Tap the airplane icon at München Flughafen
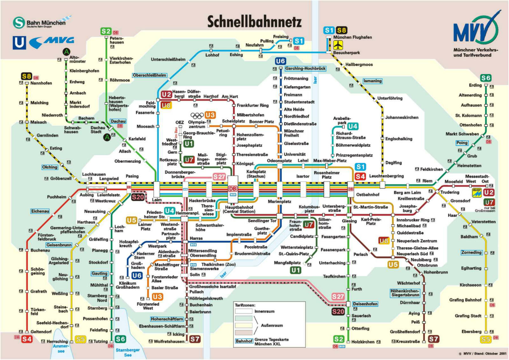(x=338, y=45)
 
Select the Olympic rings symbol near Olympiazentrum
(x=197, y=115)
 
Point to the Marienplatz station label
(x=279, y=201)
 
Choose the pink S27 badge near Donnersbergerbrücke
(x=219, y=177)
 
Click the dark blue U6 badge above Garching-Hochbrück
(x=280, y=61)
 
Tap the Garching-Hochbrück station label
(x=305, y=68)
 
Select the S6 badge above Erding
(x=486, y=78)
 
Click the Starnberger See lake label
(x=128, y=352)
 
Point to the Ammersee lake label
(x=61, y=348)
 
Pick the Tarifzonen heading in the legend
(x=245, y=305)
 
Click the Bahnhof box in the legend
(x=244, y=341)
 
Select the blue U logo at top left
(x=19, y=43)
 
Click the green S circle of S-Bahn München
(x=19, y=23)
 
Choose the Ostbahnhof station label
(x=368, y=194)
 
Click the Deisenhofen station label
(x=365, y=304)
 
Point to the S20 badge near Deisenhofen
(x=338, y=312)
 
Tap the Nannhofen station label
(x=41, y=83)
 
